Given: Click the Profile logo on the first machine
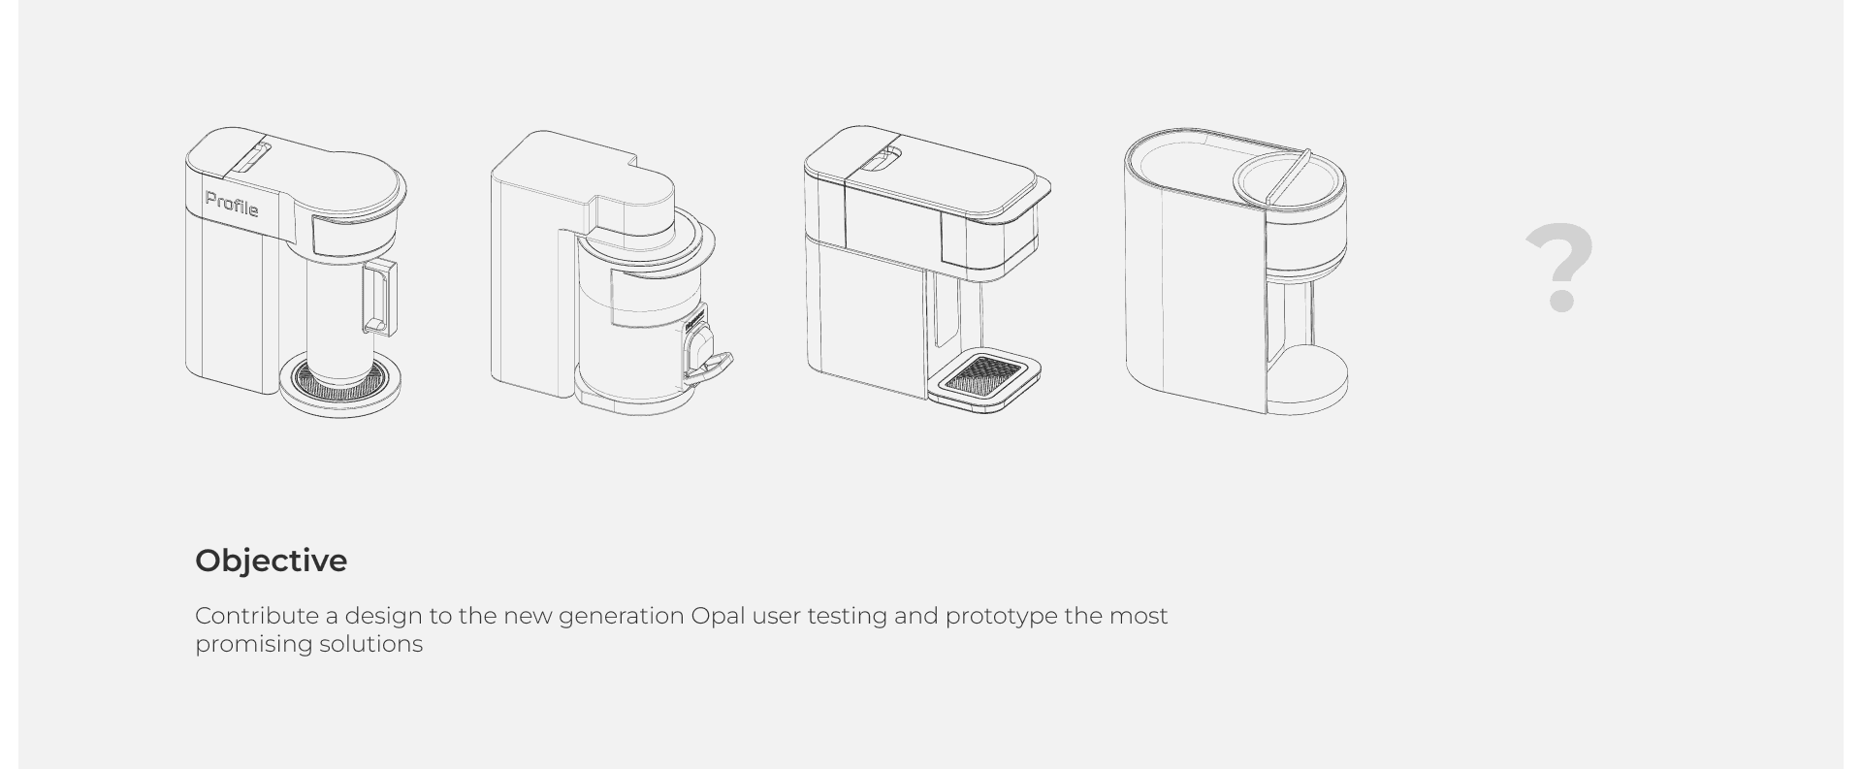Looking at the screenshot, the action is [232, 205].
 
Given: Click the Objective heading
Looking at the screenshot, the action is [271, 561].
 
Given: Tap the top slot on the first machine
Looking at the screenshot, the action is [251, 156].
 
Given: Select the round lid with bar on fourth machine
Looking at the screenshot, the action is [1289, 180].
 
